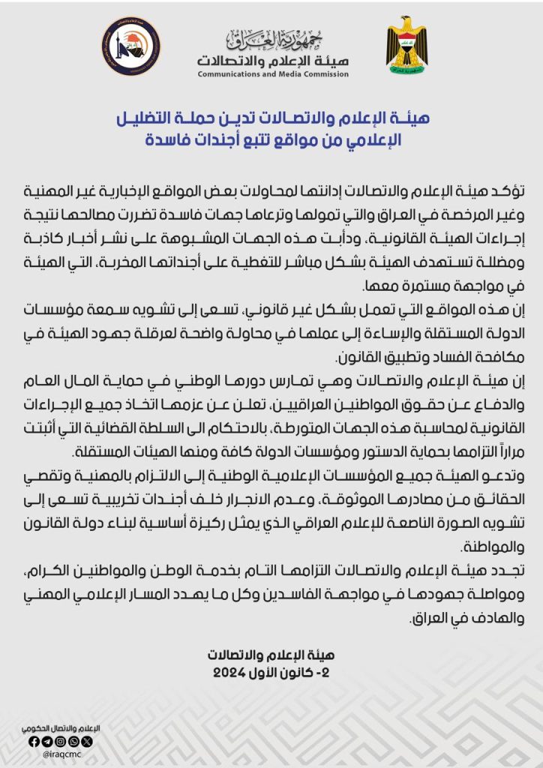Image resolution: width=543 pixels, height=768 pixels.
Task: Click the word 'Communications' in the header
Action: tap(227, 75)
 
